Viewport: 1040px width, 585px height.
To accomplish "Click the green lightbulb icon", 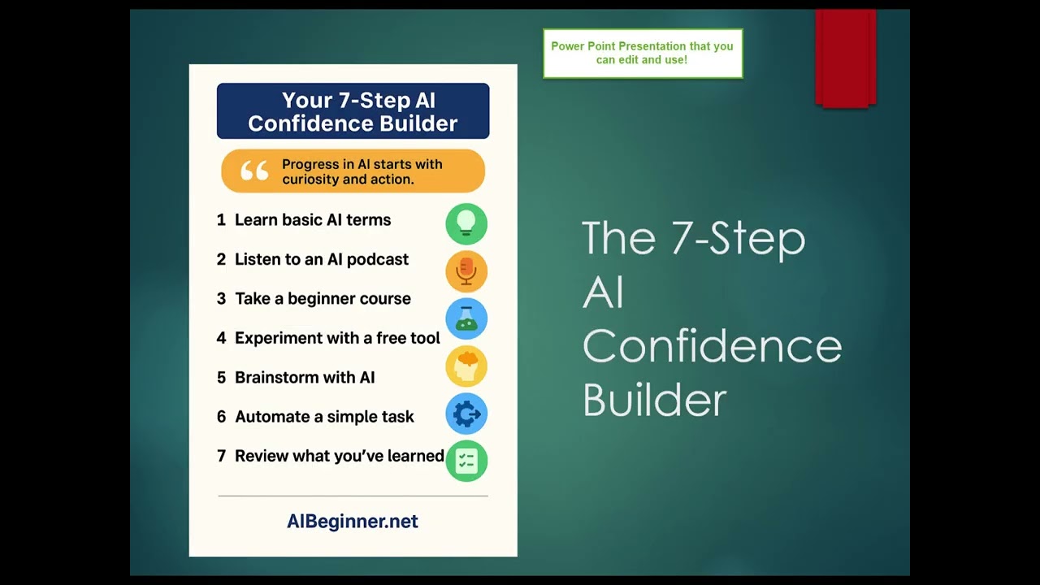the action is point(466,223).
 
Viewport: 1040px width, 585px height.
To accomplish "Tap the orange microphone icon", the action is point(466,271).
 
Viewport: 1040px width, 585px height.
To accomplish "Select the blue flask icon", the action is point(466,318).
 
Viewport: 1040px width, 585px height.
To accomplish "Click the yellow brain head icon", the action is point(466,366).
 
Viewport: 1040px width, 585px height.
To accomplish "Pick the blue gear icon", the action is point(466,414).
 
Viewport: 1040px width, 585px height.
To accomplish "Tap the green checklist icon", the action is point(466,461).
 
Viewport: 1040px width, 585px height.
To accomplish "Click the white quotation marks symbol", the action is point(254,171).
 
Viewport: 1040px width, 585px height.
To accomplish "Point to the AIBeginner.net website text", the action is point(353,522).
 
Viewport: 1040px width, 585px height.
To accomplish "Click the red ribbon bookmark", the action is point(846,58).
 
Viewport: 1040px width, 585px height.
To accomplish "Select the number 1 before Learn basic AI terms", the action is point(221,219).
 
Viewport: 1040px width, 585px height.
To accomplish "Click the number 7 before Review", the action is point(222,456).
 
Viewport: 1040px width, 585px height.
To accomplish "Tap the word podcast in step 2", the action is point(378,259).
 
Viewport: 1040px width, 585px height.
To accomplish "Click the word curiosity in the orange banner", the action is point(308,180).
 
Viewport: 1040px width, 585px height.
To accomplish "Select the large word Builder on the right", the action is point(654,399).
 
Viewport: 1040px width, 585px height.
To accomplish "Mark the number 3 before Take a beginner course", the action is point(222,298).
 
